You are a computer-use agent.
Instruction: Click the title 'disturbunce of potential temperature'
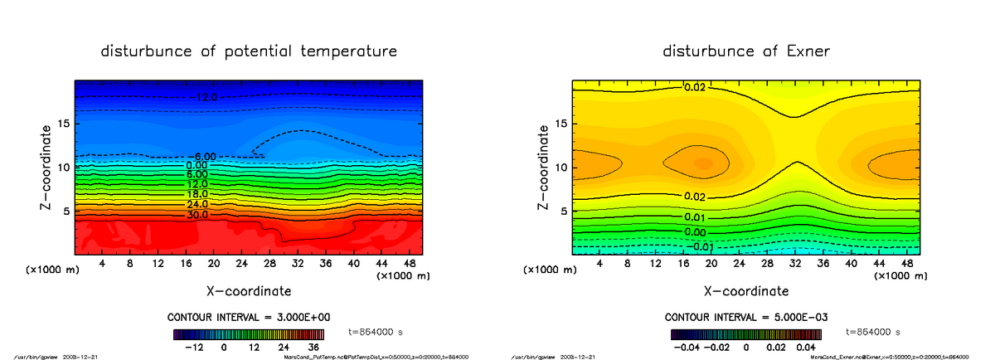(x=249, y=51)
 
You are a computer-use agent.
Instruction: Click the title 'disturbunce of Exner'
(x=746, y=51)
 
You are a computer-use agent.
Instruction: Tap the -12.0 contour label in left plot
(x=201, y=98)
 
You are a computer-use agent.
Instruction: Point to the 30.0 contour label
(x=197, y=215)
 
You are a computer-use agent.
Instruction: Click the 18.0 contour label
(x=197, y=193)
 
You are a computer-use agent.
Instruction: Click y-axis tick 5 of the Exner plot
(x=563, y=211)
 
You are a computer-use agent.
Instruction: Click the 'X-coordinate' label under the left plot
(x=249, y=291)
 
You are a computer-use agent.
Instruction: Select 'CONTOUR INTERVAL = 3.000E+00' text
(x=248, y=318)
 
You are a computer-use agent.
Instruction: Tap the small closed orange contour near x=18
(x=703, y=163)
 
